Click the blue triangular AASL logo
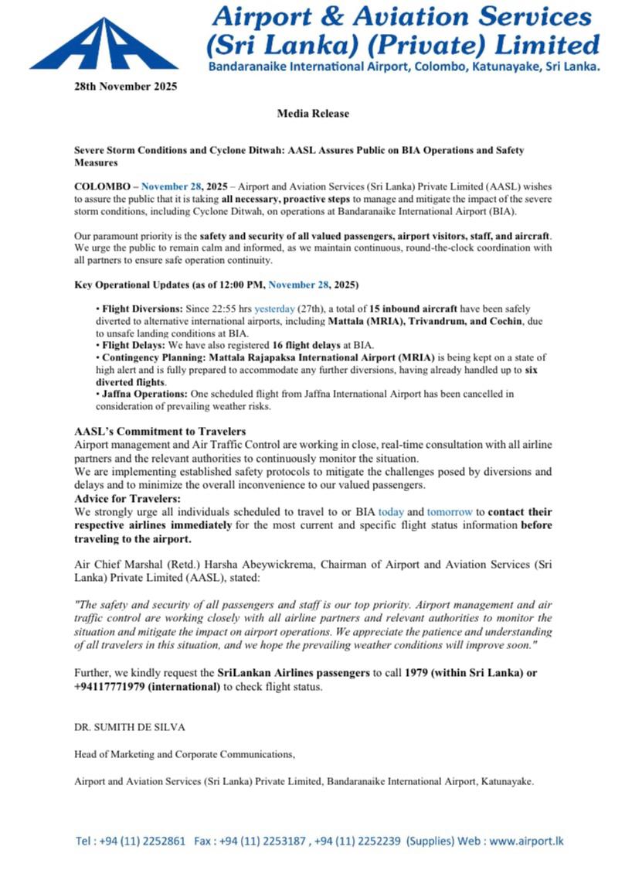(x=103, y=46)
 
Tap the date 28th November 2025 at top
(x=120, y=86)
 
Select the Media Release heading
(x=313, y=114)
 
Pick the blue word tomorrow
(x=450, y=511)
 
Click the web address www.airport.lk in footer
(x=525, y=840)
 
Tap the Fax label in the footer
(x=204, y=840)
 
